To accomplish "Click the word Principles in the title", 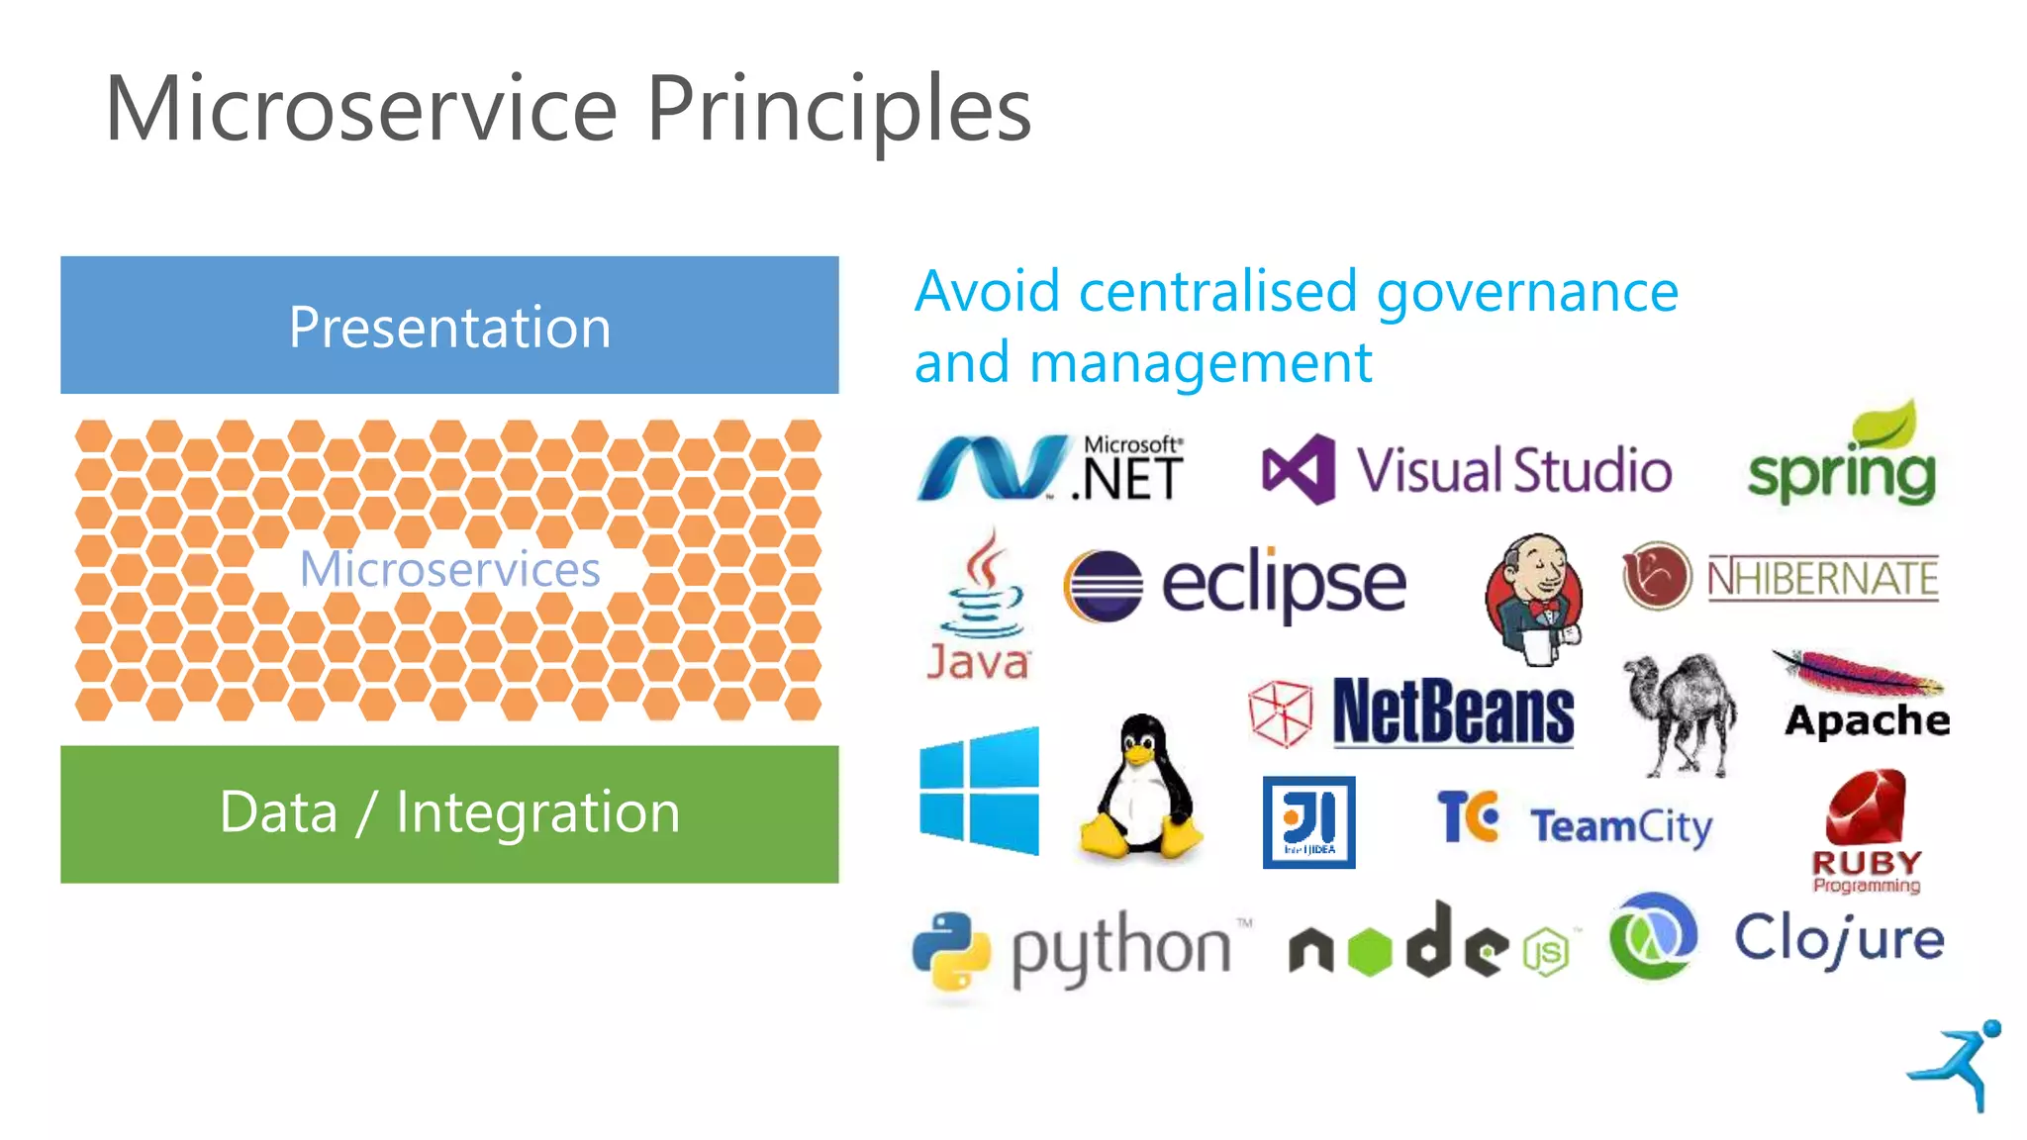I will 838,109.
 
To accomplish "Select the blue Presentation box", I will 449,326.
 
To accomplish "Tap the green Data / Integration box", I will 449,813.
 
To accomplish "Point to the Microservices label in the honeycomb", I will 449,569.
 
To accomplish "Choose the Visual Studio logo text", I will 1512,470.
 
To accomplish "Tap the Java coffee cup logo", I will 980,590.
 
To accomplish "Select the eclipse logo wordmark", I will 1283,584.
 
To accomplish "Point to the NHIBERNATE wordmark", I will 1822,578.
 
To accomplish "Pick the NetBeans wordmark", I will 1452,712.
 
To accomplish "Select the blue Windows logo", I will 979,791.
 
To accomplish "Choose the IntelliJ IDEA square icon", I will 1308,822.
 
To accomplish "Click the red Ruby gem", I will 1867,807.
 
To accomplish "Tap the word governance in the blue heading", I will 1526,292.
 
